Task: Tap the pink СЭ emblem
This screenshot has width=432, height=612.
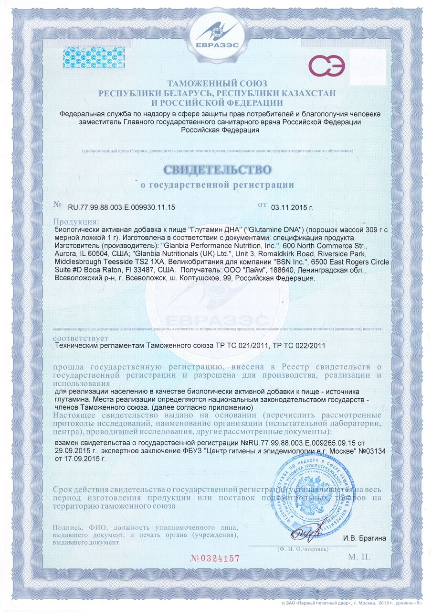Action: point(328,66)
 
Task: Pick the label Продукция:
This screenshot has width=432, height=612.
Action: point(76,222)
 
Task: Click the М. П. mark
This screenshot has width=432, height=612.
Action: point(359,557)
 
